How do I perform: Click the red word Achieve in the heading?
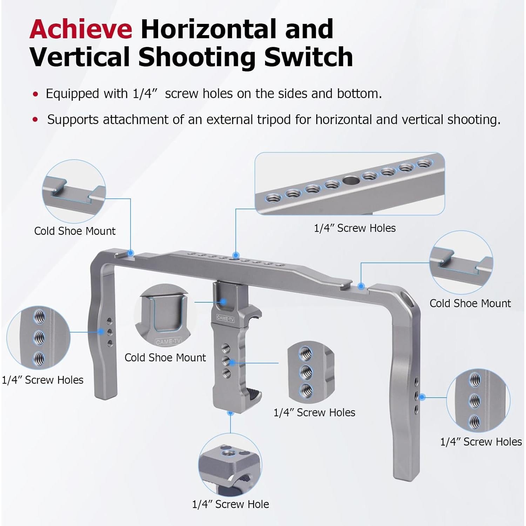(x=81, y=29)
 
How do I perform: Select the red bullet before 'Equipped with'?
(x=35, y=94)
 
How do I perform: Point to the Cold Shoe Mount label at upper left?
(x=75, y=231)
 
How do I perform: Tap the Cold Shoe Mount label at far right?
(x=470, y=303)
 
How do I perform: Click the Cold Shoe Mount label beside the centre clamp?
(x=165, y=358)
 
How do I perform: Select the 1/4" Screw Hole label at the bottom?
(x=230, y=504)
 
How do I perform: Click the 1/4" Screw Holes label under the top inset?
(x=355, y=228)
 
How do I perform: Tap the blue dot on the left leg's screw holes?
(x=101, y=331)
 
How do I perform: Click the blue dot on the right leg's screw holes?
(x=422, y=397)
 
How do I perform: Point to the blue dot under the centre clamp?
(x=230, y=413)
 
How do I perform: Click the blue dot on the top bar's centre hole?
(x=236, y=255)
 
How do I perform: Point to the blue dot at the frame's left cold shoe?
(x=130, y=252)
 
